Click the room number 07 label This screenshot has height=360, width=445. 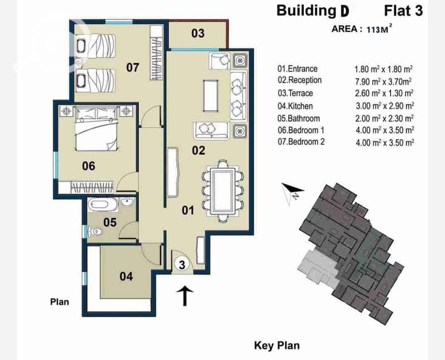point(133,67)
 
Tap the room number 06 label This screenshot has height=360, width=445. point(89,166)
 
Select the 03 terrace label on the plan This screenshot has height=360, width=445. point(198,33)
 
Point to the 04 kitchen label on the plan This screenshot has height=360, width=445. point(126,276)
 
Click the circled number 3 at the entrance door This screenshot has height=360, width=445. point(182,265)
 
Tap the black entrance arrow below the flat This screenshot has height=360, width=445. point(185,296)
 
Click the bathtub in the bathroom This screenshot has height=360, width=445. point(102,205)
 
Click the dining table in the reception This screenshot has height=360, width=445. point(223,190)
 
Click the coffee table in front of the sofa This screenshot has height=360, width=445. point(211,96)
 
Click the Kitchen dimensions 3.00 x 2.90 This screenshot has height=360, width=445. point(385,106)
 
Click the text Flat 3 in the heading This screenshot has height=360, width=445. point(403,11)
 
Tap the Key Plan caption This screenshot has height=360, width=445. point(277,346)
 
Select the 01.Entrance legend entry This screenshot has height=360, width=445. point(297,69)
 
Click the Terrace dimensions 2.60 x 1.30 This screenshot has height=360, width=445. point(384,93)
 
